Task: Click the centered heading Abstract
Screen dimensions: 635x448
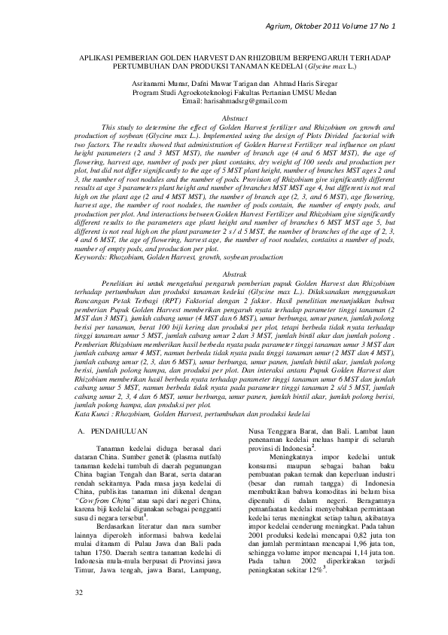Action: [x=225, y=118]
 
